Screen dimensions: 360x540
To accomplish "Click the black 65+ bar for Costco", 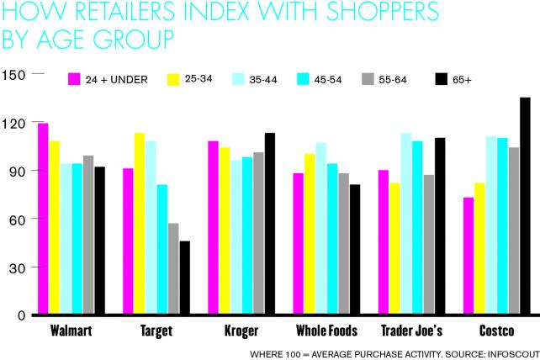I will [525, 206].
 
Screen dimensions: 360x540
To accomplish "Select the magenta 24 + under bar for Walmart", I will [43, 219].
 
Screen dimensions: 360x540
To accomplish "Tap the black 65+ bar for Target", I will [184, 278].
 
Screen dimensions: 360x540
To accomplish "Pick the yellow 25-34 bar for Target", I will [140, 224].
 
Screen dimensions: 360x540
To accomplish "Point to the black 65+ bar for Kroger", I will [270, 224].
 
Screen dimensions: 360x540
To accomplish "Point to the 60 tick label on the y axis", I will [17, 220].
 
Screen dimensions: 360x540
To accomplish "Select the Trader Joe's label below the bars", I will [412, 331].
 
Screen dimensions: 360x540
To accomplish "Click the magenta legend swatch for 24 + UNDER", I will [73, 80].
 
